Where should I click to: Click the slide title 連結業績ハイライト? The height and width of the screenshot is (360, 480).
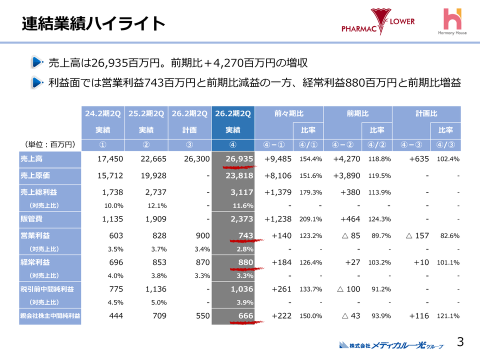click(x=93, y=23)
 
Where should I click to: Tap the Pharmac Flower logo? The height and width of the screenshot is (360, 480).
click(x=378, y=22)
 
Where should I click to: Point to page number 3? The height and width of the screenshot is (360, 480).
click(x=460, y=342)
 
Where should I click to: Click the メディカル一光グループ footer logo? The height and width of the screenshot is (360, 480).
click(x=391, y=344)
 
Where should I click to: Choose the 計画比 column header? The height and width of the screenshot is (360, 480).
click(x=426, y=114)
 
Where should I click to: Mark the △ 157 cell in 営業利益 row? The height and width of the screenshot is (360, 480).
click(x=411, y=235)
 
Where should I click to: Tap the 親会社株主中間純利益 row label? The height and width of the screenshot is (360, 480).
click(x=50, y=315)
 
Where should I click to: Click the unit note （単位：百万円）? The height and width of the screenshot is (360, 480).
click(x=50, y=144)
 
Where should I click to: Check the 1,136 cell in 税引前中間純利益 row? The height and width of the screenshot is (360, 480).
click(x=152, y=288)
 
